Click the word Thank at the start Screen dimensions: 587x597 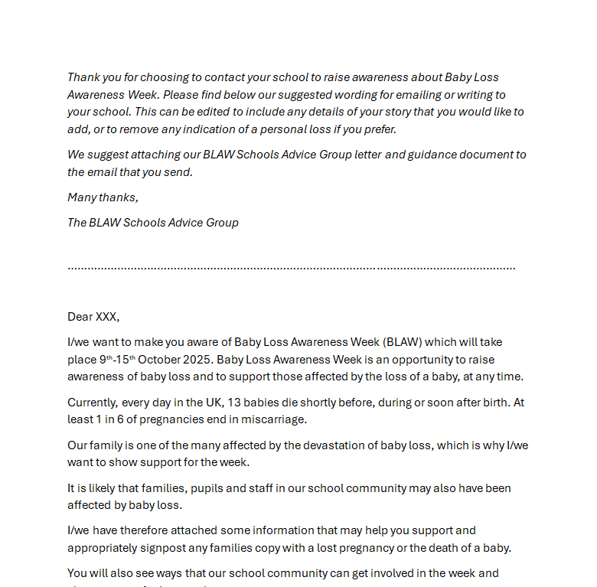tap(83, 77)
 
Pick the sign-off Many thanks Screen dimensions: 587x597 tap(103, 197)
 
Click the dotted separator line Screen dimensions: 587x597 tap(291, 268)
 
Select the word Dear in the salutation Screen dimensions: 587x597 tap(80, 317)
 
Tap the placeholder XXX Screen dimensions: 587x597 tap(107, 317)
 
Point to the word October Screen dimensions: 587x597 tap(161, 360)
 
